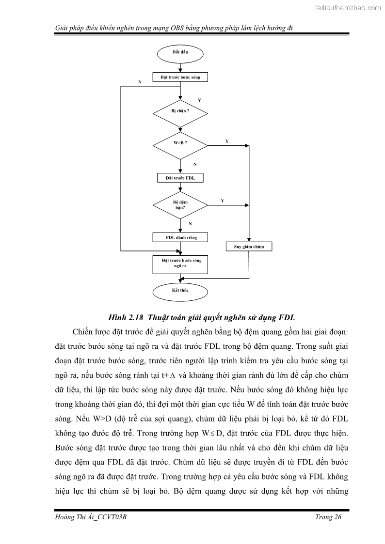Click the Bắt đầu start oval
pyautogui.click(x=180, y=52)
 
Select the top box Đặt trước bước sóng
pyautogui.click(x=180, y=77)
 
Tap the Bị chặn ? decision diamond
pyautogui.click(x=180, y=111)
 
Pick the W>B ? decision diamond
pyautogui.click(x=180, y=143)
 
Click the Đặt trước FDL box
pyautogui.click(x=180, y=178)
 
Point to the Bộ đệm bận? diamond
pyautogui.click(x=180, y=204)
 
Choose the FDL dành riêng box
pyautogui.click(x=180, y=237)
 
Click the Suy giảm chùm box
pyautogui.click(x=249, y=247)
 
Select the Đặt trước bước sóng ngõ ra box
pyautogui.click(x=180, y=263)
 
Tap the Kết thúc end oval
pyautogui.click(x=180, y=290)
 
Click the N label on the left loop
pyautogui.click(x=140, y=82)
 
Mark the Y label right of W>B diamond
pyautogui.click(x=227, y=141)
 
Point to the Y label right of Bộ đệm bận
pyautogui.click(x=222, y=200)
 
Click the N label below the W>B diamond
pyautogui.click(x=194, y=164)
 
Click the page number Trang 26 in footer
pyautogui.click(x=328, y=517)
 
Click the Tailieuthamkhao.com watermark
pyautogui.click(x=348, y=7)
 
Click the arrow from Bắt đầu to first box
pyautogui.click(x=180, y=66)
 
